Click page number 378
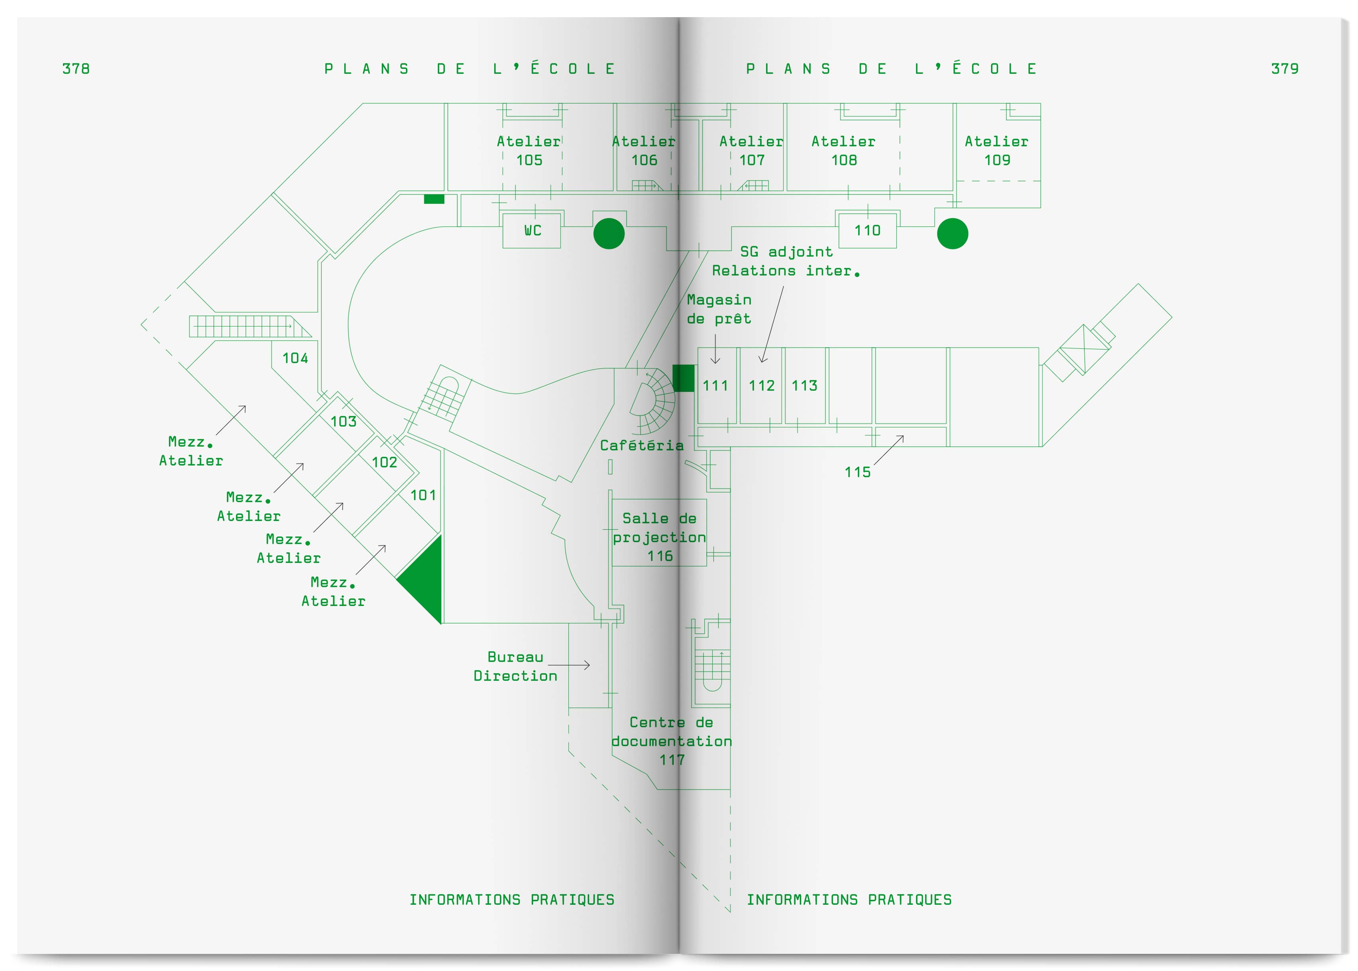[x=76, y=69]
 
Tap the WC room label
[x=532, y=231]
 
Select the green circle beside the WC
[x=608, y=233]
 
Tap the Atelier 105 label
[x=529, y=151]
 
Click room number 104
[x=295, y=358]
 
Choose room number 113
[x=804, y=386]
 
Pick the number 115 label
[x=857, y=472]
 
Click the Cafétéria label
[x=641, y=446]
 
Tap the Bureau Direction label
[x=515, y=666]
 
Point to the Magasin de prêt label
[x=719, y=309]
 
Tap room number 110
[x=867, y=230]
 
